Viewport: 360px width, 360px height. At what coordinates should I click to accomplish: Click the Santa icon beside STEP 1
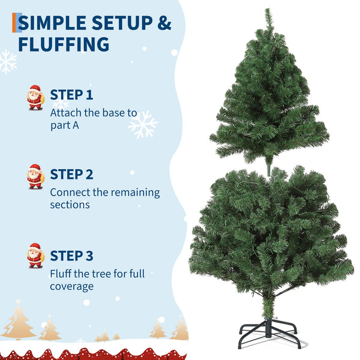pyautogui.click(x=35, y=97)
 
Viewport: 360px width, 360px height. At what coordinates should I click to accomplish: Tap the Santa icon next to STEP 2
pyautogui.click(x=35, y=176)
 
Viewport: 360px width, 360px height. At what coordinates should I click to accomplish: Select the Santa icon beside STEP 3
pyautogui.click(x=35, y=256)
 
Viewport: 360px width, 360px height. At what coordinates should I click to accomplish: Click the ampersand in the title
pyautogui.click(x=164, y=23)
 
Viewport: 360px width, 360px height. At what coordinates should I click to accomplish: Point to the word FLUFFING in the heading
pyautogui.click(x=64, y=44)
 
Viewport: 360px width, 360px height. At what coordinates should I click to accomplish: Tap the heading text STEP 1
pyautogui.click(x=71, y=95)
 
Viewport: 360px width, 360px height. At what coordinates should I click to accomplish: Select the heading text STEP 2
pyautogui.click(x=71, y=175)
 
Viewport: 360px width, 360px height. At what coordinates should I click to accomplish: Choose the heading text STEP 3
pyautogui.click(x=71, y=256)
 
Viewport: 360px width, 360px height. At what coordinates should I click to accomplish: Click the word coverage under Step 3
pyautogui.click(x=71, y=287)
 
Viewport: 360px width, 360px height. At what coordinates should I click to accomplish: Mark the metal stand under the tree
pyautogui.click(x=269, y=334)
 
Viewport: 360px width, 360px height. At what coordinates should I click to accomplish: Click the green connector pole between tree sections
pyautogui.click(x=269, y=169)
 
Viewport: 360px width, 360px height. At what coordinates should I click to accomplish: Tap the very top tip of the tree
pyautogui.click(x=267, y=9)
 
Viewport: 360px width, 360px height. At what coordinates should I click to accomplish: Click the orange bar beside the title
pyautogui.click(x=14, y=23)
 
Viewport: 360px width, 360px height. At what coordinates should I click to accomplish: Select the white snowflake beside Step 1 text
pyautogui.click(x=143, y=125)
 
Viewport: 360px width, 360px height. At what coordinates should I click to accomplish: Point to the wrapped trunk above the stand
pyautogui.click(x=268, y=307)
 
